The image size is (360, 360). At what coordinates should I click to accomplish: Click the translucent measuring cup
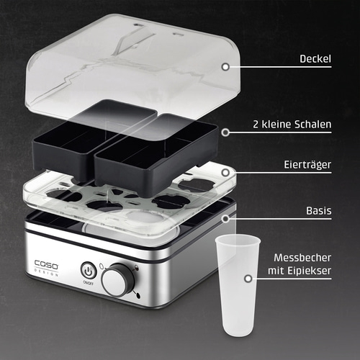237,288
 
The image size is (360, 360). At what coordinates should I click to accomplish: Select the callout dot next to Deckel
225,66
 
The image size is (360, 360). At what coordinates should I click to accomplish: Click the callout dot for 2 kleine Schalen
225,132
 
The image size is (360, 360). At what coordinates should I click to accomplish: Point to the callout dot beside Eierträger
225,174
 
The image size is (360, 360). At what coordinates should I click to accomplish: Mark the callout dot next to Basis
225,217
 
